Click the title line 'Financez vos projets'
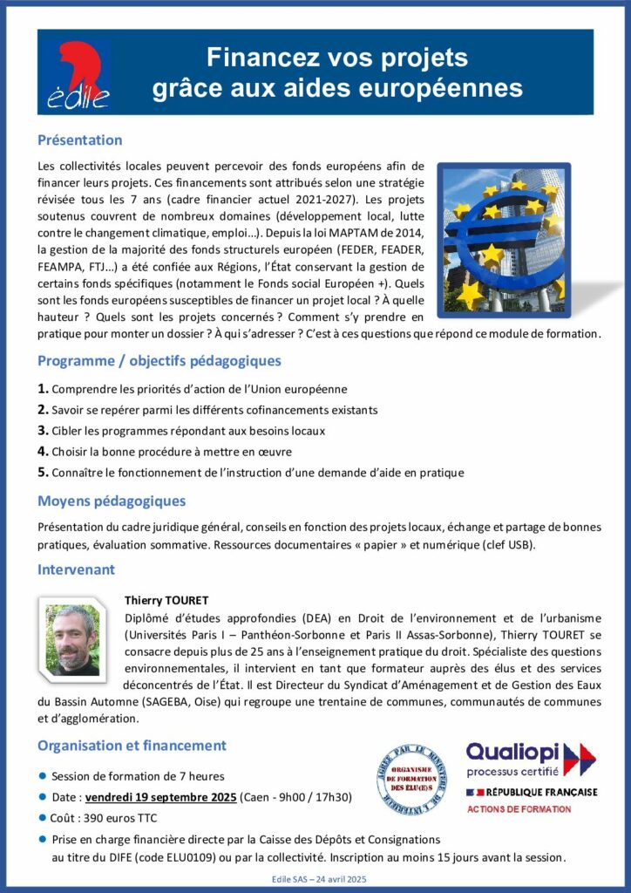pos(337,58)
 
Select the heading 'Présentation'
pos(79,140)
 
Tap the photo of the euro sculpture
pos(504,237)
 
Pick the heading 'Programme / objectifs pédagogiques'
pos(159,360)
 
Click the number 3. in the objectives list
pos(43,430)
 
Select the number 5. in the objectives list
pos(43,472)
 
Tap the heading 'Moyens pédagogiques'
pos(111,501)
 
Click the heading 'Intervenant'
pos(76,569)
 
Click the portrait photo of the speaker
pos(72,640)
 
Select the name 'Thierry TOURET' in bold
pos(167,601)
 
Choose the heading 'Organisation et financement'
pos(132,746)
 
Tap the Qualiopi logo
pos(530,759)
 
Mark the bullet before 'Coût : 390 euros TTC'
pos(43,818)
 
